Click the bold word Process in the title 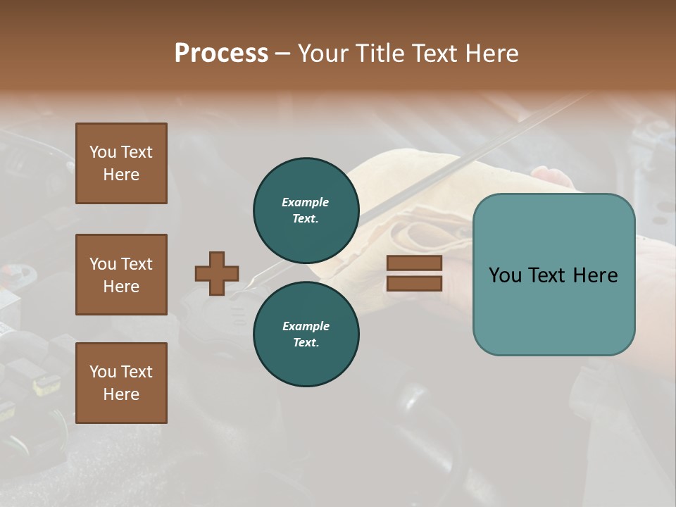point(221,54)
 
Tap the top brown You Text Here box point(121,163)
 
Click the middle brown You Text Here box point(121,275)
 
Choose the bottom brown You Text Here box point(121,382)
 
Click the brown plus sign point(217,273)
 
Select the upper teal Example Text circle point(306,210)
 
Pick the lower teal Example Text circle point(306,334)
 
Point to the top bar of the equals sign point(414,263)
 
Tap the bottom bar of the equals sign point(414,283)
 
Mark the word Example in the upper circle point(306,202)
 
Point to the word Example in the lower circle point(306,326)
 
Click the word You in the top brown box point(102,152)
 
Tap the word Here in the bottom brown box point(121,394)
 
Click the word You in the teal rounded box point(505,275)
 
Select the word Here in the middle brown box point(121,287)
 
